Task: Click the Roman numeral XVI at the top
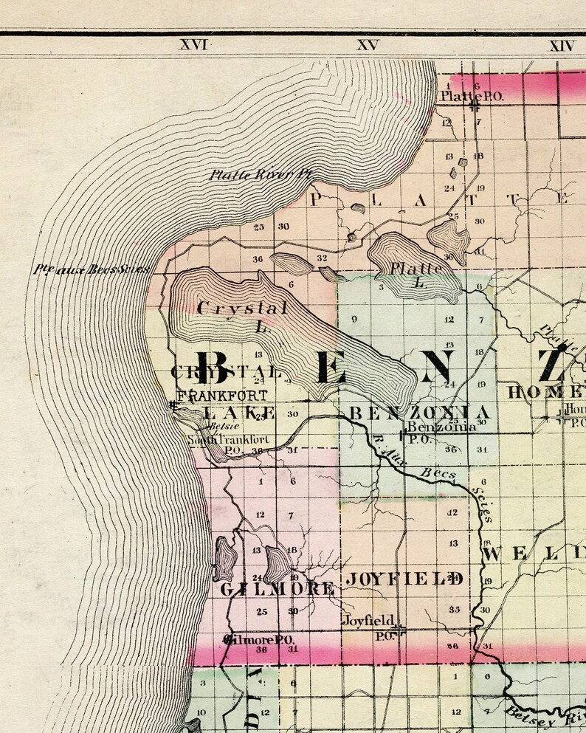pyautogui.click(x=194, y=45)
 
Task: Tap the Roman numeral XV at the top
pyautogui.click(x=367, y=45)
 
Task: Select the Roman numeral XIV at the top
pyautogui.click(x=561, y=45)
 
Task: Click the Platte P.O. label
pyautogui.click(x=463, y=96)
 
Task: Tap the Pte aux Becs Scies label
pyautogui.click(x=91, y=269)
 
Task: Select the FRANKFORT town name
pyautogui.click(x=221, y=395)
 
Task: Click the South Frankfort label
pyautogui.click(x=228, y=440)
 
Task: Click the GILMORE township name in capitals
pyautogui.click(x=277, y=588)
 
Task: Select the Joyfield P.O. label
pyautogui.click(x=368, y=622)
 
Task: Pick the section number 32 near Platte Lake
pyautogui.click(x=322, y=258)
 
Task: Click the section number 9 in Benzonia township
pyautogui.click(x=355, y=319)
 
